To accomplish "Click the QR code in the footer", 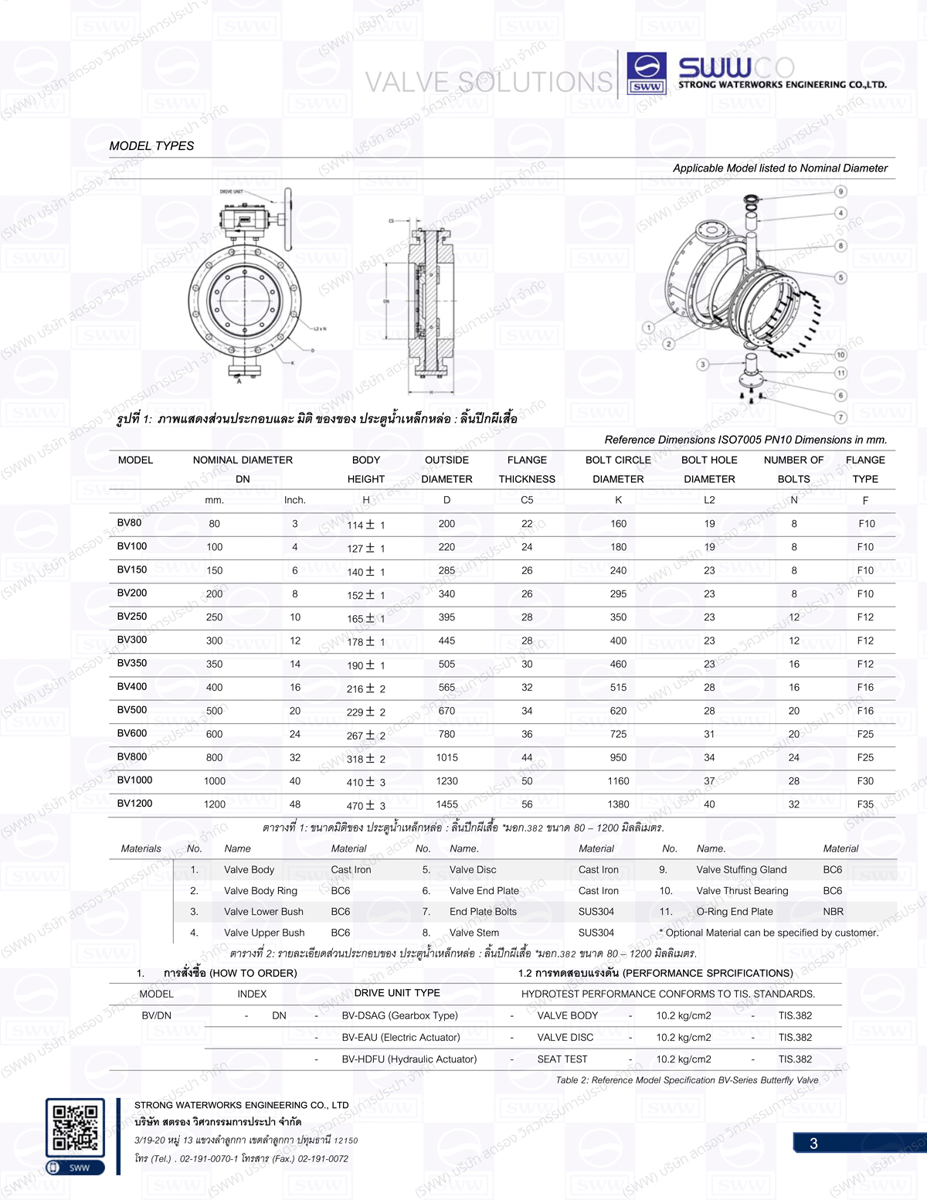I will click(x=75, y=1127).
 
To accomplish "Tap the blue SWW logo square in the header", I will click(x=647, y=73).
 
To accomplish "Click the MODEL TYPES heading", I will click(x=151, y=146).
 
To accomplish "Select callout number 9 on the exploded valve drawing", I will click(x=840, y=191).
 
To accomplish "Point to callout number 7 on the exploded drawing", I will click(x=840, y=417).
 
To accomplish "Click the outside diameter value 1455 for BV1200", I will click(x=447, y=804).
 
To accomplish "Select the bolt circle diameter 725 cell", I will click(x=618, y=734).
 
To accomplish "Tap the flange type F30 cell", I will click(x=865, y=781).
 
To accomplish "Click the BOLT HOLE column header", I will click(x=709, y=461).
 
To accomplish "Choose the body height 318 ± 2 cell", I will click(x=365, y=759).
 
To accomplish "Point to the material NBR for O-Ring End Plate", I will click(x=833, y=912).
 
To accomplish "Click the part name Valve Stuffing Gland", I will click(x=741, y=870).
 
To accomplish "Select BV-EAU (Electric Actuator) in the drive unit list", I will click(x=400, y=1038).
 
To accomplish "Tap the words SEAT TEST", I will click(x=562, y=1059).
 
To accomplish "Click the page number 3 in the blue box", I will click(x=813, y=1144).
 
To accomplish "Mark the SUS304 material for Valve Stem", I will click(x=596, y=933).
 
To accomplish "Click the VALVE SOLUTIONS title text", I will click(x=488, y=82).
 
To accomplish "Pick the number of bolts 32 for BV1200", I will click(x=793, y=804).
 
